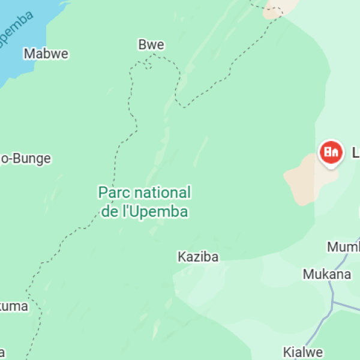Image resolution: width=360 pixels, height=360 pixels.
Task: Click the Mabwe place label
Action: pos(46,54)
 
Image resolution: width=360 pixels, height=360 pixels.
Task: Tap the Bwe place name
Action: pos(151,45)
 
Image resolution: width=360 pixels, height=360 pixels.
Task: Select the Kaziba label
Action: pos(198,257)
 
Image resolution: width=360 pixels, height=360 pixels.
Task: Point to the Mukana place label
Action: pos(326,275)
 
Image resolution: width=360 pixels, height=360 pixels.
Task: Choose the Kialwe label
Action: pos(303,352)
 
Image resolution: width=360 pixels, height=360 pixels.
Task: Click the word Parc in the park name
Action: pos(114,193)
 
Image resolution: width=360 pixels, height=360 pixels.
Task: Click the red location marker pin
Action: pos(331,152)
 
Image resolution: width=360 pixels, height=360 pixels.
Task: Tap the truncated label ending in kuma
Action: pos(13,307)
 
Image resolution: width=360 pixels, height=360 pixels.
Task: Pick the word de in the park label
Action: pos(110,212)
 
